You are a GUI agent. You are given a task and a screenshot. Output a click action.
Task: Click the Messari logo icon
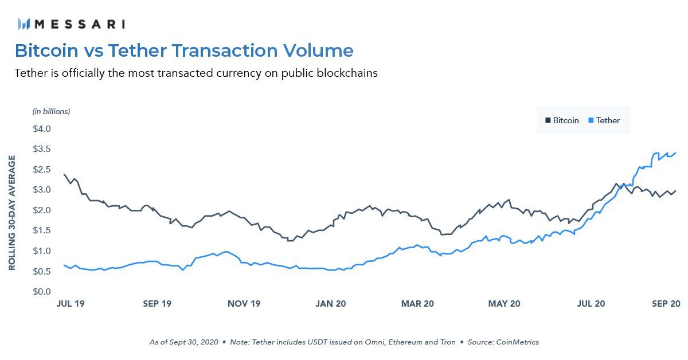(24, 24)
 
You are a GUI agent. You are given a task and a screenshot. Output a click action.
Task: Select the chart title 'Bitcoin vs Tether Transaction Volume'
(184, 50)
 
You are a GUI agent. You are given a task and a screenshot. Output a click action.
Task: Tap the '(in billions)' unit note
(51, 111)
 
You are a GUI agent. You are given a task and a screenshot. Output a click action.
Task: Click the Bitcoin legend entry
(562, 120)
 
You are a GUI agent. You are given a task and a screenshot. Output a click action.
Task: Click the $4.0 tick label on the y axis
(42, 128)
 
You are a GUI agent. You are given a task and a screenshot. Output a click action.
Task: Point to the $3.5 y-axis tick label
(42, 149)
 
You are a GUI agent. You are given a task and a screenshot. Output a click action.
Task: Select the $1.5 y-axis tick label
(42, 230)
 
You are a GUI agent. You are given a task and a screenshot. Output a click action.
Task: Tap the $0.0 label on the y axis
(42, 292)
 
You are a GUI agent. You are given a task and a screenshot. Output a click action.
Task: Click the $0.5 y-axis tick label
(42, 271)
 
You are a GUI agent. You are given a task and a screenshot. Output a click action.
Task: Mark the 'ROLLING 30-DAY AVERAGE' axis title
(12, 212)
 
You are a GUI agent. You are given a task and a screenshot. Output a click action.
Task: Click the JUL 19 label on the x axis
(71, 304)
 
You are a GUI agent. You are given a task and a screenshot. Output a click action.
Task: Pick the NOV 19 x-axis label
(245, 304)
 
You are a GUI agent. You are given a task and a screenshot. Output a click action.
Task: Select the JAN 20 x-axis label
(331, 304)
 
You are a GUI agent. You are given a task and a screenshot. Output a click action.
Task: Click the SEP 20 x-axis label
(665, 304)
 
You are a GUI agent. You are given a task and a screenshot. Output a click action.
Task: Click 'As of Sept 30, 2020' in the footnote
(183, 342)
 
